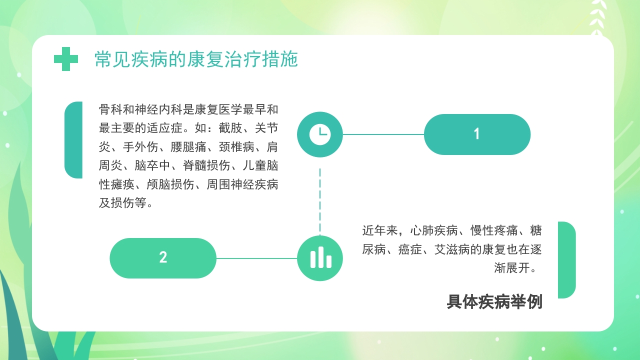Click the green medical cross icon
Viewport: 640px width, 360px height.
click(66, 59)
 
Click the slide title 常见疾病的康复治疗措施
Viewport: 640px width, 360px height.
click(196, 59)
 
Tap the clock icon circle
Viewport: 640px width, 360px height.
click(320, 134)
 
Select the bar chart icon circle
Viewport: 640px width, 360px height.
click(320, 258)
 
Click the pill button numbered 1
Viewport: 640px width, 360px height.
click(477, 134)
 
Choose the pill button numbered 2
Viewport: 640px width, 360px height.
click(163, 258)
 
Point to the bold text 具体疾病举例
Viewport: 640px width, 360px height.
click(494, 302)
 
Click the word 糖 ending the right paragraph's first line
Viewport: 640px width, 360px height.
click(536, 230)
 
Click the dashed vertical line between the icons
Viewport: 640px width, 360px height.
click(320, 200)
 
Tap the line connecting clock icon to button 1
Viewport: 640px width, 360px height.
click(383, 134)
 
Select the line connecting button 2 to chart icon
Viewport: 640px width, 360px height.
click(256, 258)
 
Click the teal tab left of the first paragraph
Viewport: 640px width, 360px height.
click(73, 140)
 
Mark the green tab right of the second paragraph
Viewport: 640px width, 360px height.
click(566, 259)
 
